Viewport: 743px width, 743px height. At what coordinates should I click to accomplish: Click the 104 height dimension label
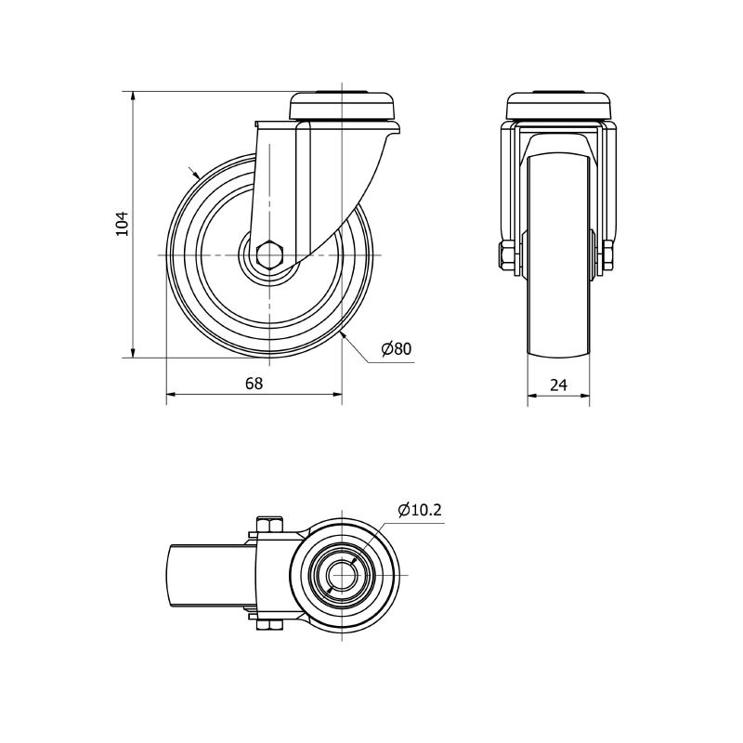121,224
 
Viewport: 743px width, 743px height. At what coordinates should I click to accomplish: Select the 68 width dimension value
254,383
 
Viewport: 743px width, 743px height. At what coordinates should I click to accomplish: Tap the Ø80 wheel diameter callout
396,349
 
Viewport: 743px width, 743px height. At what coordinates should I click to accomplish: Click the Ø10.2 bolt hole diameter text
419,509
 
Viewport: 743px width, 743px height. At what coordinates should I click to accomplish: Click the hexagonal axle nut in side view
269,254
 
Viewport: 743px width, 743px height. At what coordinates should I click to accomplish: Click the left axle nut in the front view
507,257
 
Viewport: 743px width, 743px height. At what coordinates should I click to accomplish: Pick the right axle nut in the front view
609,257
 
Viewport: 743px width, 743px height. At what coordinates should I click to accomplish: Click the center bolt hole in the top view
344,576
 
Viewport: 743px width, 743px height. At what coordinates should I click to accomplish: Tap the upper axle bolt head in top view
269,524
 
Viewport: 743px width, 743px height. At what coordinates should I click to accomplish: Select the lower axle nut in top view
269,629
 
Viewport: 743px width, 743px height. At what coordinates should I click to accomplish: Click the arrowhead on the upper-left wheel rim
195,174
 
